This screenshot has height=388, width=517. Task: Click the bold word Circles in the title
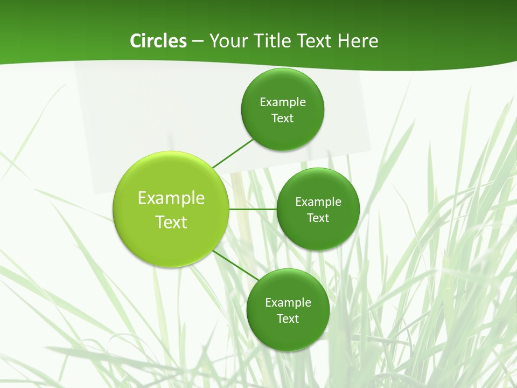click(158, 41)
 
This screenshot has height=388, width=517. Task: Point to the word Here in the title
click(358, 41)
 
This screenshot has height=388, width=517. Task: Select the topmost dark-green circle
click(283, 129)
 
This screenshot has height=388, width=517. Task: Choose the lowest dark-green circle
click(288, 334)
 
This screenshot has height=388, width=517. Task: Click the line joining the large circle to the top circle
click(233, 153)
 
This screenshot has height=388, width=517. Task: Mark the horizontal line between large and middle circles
click(253, 209)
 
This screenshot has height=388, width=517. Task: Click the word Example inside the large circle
click(171, 198)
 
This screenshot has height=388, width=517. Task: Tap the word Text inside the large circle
click(171, 222)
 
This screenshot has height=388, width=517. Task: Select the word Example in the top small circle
click(283, 102)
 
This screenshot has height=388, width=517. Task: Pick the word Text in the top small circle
click(283, 119)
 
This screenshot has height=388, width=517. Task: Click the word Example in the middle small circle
click(318, 202)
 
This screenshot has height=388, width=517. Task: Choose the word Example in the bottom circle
click(288, 303)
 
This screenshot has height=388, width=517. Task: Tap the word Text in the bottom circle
click(288, 319)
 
